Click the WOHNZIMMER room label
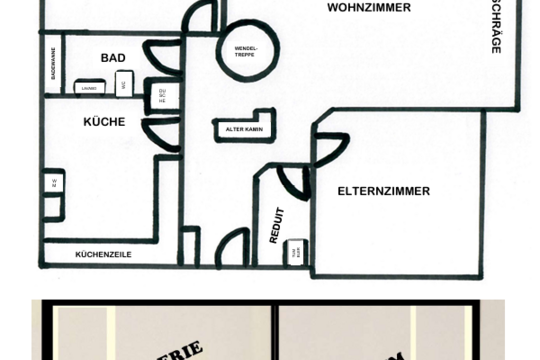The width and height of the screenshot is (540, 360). coord(369,7)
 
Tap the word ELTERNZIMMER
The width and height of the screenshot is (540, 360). coord(383,190)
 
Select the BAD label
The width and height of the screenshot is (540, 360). coord(113,58)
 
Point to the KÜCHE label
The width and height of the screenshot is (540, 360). coord(104,122)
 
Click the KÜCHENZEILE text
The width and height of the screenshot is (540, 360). coord(103,255)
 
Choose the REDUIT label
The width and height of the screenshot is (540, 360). coord(277,225)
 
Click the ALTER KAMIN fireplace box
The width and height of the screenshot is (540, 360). coord(243,129)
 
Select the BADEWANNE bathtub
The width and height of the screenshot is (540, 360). coord(52,65)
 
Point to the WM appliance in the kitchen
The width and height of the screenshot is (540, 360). coord(53,183)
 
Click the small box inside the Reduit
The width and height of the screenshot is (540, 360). coord(294,253)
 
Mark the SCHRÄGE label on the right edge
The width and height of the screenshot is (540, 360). coord(496,25)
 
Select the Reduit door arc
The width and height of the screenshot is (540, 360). coord(293,181)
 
